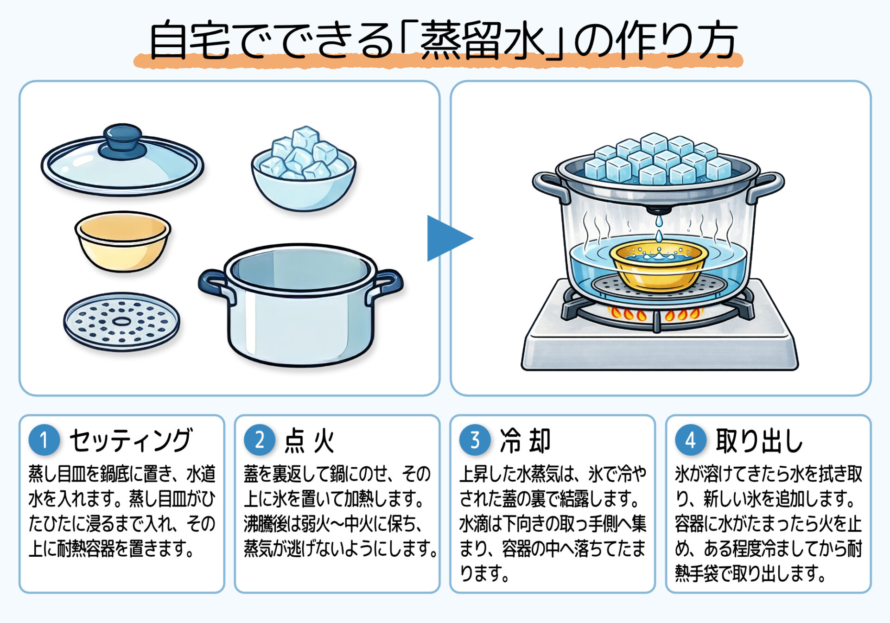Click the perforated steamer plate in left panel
[x=121, y=321]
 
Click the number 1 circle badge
[x=44, y=440]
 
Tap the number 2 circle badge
[x=260, y=440]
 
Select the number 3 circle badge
[x=475, y=440]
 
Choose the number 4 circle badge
[x=691, y=440]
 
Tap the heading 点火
[x=309, y=440]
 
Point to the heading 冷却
[x=525, y=440]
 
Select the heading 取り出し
[x=759, y=440]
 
